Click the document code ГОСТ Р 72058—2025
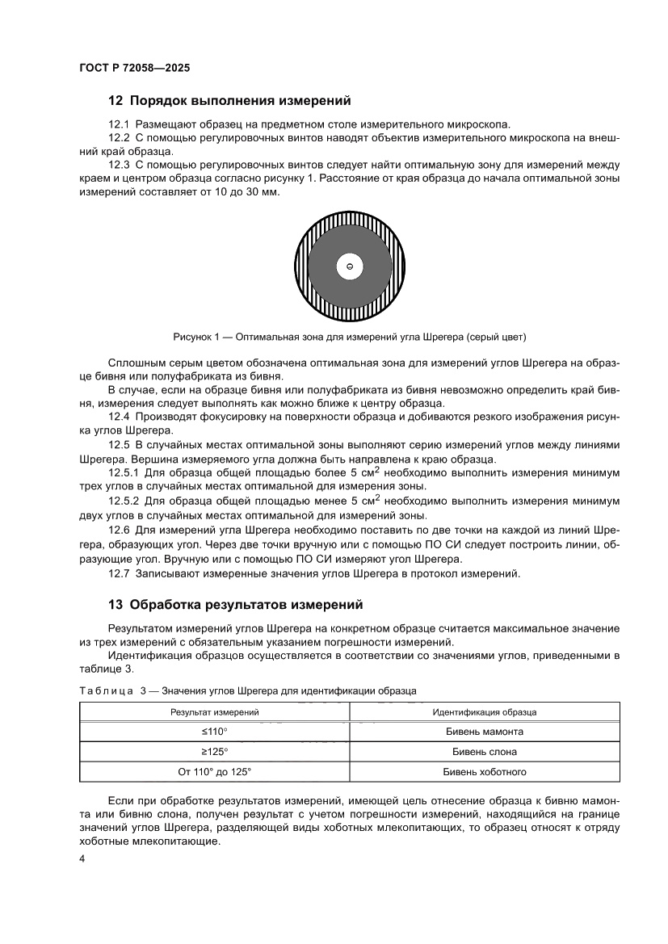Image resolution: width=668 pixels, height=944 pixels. tap(135, 69)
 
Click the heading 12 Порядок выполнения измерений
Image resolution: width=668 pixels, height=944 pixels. tap(229, 102)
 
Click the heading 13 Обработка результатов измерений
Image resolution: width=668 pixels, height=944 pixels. tap(235, 604)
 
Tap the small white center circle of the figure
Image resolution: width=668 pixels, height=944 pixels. tap(350, 266)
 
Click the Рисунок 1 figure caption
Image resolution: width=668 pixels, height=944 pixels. tap(350, 335)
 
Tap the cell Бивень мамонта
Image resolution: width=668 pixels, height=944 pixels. tap(485, 732)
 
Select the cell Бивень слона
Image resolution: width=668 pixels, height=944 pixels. tap(485, 752)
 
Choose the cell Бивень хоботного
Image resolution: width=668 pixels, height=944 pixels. tap(485, 772)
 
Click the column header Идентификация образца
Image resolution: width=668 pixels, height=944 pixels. tap(485, 712)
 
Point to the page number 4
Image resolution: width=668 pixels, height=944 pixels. tap(82, 858)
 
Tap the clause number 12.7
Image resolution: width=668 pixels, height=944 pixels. tap(119, 573)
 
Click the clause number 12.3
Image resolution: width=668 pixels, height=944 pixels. tap(119, 165)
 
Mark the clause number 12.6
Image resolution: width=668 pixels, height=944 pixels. tap(119, 531)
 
